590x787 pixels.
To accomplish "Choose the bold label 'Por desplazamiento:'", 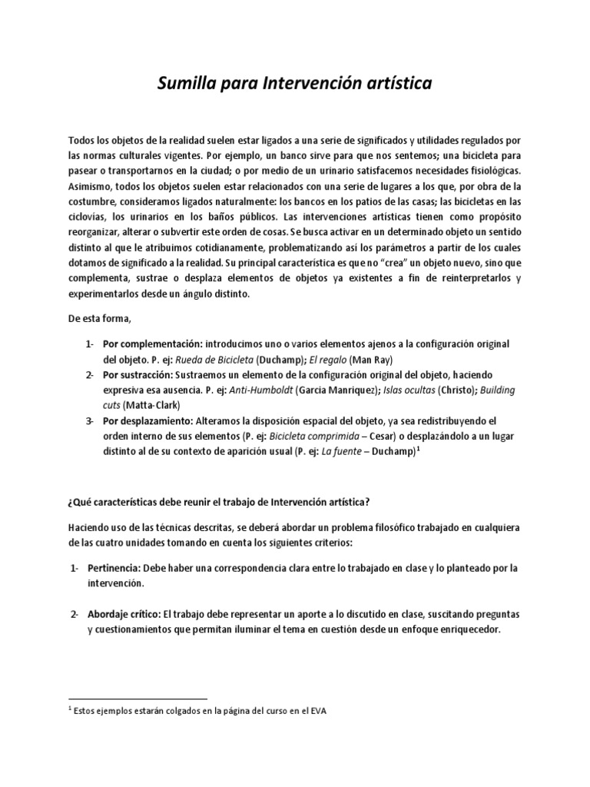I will (148, 421).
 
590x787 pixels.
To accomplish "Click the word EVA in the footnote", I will (319, 712).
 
